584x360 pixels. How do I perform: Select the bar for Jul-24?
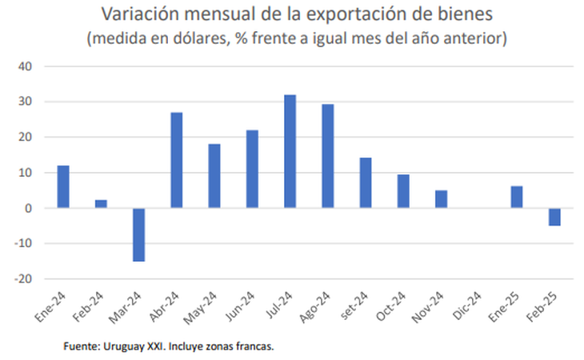[290, 151]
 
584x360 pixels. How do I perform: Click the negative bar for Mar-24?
[138, 234]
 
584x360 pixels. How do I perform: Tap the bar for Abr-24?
[177, 160]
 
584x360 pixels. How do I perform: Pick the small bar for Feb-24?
[101, 204]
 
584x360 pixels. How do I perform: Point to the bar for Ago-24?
[327, 156]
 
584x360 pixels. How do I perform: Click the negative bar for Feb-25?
[554, 217]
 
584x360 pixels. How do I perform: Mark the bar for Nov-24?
[441, 199]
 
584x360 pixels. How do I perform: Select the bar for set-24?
[365, 182]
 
